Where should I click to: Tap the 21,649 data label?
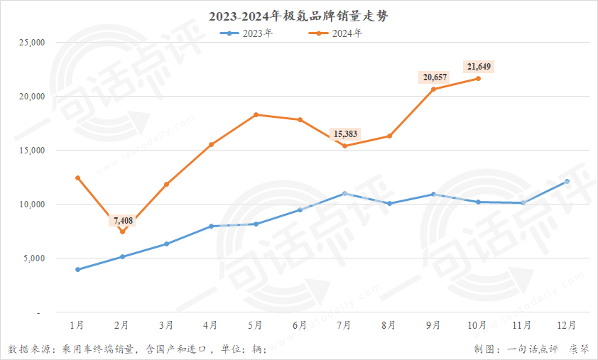tap(479, 67)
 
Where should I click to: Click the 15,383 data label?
tap(345, 133)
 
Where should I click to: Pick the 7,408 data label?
tap(122, 221)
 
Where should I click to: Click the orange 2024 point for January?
tap(77, 178)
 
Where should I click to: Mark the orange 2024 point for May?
tap(256, 114)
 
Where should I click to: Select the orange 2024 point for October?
tap(478, 78)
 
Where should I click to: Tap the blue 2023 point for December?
tap(567, 182)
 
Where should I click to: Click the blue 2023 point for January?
tap(77, 270)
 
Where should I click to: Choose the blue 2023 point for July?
tap(344, 193)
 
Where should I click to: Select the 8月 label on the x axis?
tap(388, 325)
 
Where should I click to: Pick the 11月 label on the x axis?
tap(522, 325)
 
